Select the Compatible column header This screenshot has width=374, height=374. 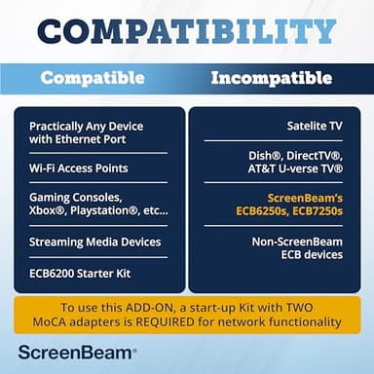(x=93, y=78)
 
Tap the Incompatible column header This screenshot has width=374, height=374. (x=271, y=78)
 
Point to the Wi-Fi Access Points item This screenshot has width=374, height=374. (x=79, y=168)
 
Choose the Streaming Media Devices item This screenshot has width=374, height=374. (x=94, y=242)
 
